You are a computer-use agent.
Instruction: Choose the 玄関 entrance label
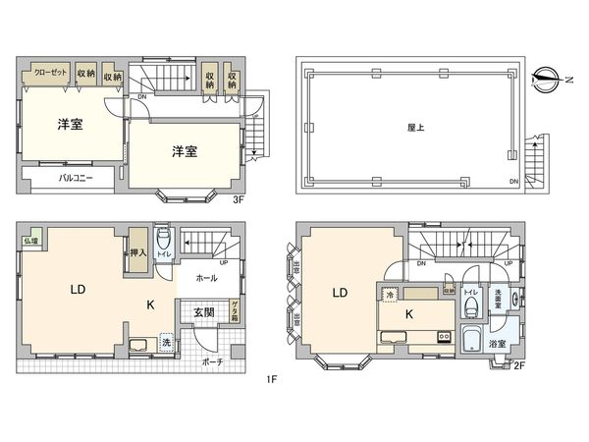(x=203, y=312)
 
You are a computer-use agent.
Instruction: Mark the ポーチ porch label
(x=213, y=362)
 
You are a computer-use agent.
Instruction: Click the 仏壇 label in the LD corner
(x=32, y=240)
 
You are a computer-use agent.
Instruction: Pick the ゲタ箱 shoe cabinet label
(x=235, y=312)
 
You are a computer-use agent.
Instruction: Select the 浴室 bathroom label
(x=499, y=344)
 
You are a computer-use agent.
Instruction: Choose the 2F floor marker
(x=519, y=365)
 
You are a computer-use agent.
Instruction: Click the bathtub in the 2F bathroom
(x=471, y=343)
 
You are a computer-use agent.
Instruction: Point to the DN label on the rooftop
(x=514, y=182)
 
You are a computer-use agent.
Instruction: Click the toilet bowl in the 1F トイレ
(x=164, y=242)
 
